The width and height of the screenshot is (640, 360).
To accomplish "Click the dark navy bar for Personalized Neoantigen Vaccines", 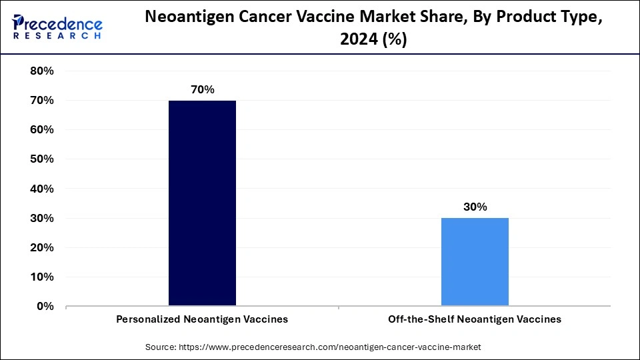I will tap(202, 203).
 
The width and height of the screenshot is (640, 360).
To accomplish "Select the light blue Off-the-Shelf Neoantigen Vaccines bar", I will tap(475, 262).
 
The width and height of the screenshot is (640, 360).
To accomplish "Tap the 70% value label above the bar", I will tap(202, 89).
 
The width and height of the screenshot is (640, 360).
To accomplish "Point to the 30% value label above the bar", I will tap(475, 207).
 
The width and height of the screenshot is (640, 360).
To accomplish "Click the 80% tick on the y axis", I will tap(42, 71).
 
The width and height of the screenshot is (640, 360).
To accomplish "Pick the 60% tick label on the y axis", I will tap(42, 130).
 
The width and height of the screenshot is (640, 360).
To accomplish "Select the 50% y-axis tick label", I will tap(42, 159).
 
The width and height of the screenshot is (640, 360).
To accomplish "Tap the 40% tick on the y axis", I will tap(42, 189).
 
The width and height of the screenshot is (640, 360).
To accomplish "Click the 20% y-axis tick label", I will tap(42, 247).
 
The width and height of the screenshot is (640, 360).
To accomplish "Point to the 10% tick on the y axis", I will tap(42, 277).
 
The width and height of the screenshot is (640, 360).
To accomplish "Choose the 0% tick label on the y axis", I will tap(45, 307).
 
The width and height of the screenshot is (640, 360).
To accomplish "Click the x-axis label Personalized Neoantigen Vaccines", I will tap(202, 319).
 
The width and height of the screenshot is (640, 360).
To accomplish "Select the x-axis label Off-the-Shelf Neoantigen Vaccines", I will tap(475, 319).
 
